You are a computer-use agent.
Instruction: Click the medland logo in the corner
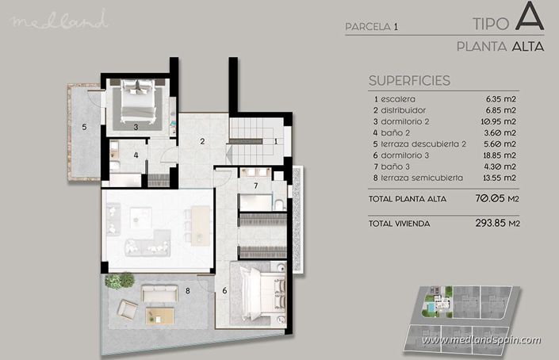point(59,21)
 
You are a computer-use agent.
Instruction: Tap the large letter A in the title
point(528,19)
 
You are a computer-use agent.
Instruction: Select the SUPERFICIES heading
point(410,80)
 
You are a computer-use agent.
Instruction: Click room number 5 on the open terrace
point(83,126)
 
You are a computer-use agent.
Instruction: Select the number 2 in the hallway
point(203,142)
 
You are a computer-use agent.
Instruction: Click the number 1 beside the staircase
point(275,142)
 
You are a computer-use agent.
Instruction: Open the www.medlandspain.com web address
point(481,340)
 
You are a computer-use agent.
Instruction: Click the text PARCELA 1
point(372,27)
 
